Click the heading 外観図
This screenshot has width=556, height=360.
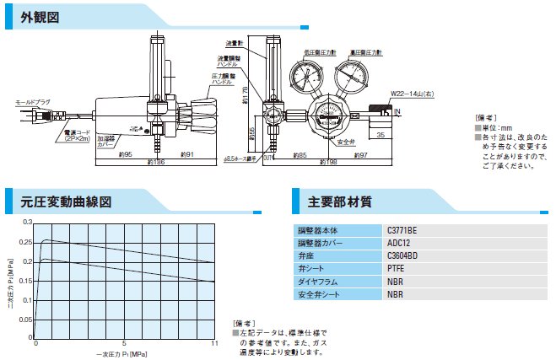40,17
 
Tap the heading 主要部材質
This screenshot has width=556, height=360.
339,202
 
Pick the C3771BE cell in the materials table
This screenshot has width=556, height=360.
402,229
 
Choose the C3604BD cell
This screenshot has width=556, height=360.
402,255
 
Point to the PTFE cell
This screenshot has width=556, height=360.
394,268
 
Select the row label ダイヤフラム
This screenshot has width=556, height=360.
317,282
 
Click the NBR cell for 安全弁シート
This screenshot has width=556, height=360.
393,294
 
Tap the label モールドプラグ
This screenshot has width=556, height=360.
33,102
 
